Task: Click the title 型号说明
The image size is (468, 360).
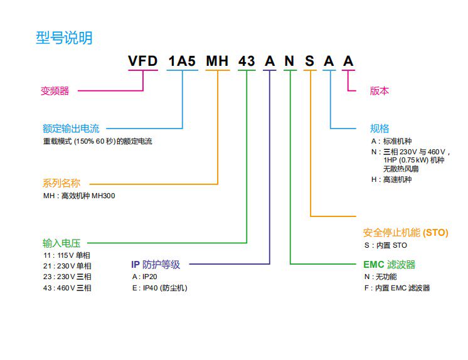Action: (x=64, y=38)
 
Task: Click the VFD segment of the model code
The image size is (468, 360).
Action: (x=143, y=61)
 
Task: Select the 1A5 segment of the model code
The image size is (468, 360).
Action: (x=183, y=61)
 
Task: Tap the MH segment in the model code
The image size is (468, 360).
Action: (x=218, y=61)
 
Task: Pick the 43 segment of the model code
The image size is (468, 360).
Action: (x=247, y=61)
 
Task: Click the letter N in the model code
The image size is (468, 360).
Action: (x=289, y=61)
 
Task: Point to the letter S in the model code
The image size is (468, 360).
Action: (x=310, y=61)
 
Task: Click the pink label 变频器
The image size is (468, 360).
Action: (x=55, y=91)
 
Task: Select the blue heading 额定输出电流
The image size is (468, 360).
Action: (x=71, y=129)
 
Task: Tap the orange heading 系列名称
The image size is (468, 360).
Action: (x=61, y=184)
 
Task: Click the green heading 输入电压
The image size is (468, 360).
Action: (x=61, y=243)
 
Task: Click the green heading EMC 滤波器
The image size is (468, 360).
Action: (x=389, y=265)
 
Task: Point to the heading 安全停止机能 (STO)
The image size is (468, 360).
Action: (x=406, y=233)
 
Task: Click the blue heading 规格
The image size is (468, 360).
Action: (x=380, y=129)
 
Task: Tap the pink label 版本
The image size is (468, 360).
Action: (x=380, y=90)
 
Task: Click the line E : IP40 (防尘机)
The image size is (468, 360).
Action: (x=159, y=288)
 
